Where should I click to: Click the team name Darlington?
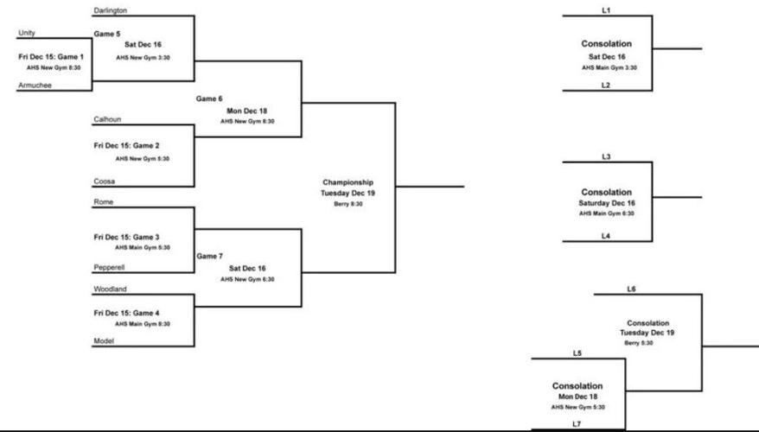click(111, 10)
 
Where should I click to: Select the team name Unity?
click(27, 34)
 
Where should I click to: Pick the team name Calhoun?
click(107, 119)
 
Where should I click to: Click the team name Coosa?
click(104, 181)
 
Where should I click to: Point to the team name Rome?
click(103, 202)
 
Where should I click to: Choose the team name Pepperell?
click(111, 268)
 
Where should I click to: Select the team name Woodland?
click(111, 289)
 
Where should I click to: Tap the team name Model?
click(104, 341)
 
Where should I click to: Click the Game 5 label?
click(107, 34)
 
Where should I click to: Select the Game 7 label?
click(209, 257)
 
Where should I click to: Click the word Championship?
click(348, 182)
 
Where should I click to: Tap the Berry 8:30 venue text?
click(348, 204)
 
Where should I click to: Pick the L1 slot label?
click(606, 10)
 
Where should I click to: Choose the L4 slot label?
click(606, 235)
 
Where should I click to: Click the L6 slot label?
click(631, 289)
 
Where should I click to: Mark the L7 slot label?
click(577, 423)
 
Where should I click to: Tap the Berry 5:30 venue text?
click(638, 343)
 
